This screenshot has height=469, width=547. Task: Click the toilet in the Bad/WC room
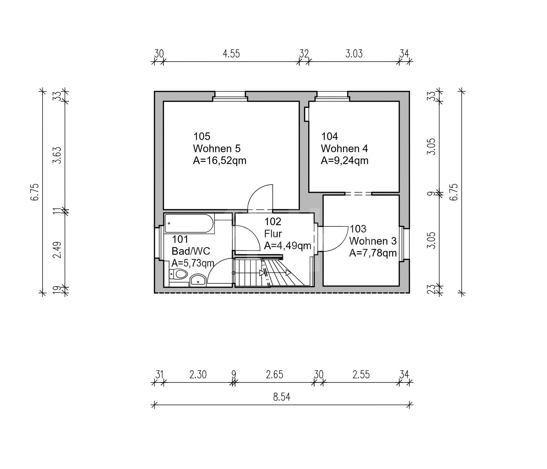coord(178,274)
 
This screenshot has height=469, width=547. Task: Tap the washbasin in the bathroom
coord(198,280)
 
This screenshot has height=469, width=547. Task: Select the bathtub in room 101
coord(188,224)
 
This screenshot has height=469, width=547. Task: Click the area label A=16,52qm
coord(220,161)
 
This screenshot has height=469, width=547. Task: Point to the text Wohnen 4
coord(344,149)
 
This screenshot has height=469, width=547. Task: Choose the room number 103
coord(358,229)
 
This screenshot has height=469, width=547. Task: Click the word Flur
coord(273,234)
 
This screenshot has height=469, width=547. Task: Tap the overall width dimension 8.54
coord(281,397)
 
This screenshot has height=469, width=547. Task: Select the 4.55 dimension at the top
coord(231,54)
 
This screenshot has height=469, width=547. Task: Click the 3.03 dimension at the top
coord(354,54)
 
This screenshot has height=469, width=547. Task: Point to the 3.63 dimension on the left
coord(57,155)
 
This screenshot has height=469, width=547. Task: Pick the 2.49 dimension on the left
coord(57,250)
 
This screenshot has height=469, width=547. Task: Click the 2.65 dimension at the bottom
coord(275,375)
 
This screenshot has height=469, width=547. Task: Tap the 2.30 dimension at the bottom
coord(198,375)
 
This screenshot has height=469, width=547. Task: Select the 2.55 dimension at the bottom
coord(361,375)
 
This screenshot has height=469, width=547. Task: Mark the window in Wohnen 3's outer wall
coord(405,244)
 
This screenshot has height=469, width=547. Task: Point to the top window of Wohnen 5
coord(230,96)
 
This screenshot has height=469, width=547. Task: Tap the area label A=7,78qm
coord(373,253)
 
